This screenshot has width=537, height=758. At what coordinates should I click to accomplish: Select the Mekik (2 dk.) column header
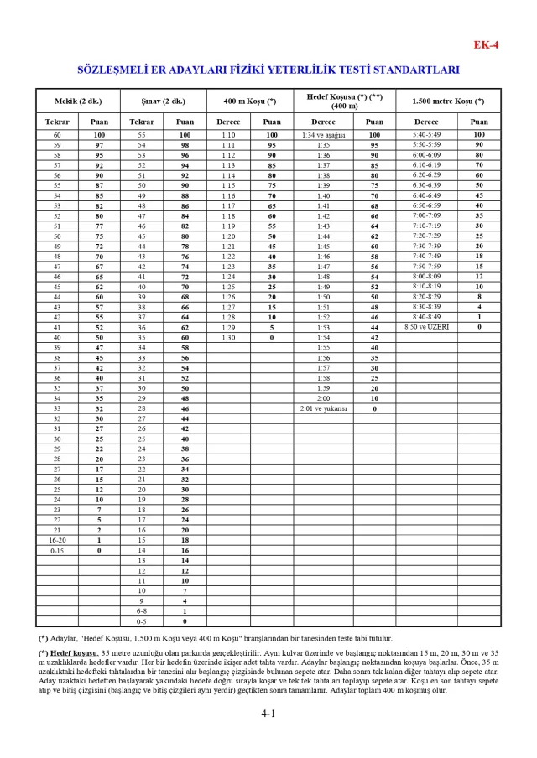pos(77,101)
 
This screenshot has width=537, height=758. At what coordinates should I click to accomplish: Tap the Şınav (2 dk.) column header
pos(164,101)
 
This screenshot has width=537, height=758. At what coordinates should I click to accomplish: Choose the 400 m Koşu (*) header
pos(250,101)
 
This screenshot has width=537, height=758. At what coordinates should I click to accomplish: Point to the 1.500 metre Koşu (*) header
pos(448,101)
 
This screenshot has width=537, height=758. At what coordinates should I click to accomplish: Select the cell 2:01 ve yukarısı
pos(323,408)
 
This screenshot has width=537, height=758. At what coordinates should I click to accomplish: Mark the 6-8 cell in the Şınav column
pos(142,611)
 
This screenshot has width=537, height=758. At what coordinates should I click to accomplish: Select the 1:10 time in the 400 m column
pos(228,135)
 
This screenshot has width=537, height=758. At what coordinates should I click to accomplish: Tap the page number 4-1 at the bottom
pos(268,714)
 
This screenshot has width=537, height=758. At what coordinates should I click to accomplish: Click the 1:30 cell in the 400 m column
pos(228,337)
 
